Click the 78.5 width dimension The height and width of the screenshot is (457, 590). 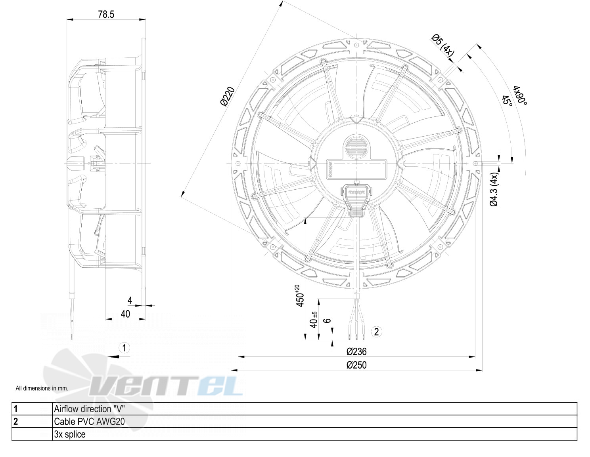click(106, 14)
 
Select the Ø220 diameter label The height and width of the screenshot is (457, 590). click(228, 97)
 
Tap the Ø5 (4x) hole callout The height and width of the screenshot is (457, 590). click(442, 45)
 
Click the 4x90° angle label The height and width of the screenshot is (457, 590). click(520, 96)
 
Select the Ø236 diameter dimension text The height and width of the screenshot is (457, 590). click(356, 352)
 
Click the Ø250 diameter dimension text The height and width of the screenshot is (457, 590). click(356, 365)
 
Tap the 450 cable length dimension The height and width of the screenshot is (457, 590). click(300, 296)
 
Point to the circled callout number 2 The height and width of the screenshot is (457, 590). click(376, 331)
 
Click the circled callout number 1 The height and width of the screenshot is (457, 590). click(125, 348)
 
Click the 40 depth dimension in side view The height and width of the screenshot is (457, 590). click(125, 314)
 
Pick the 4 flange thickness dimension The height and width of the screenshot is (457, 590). click(130, 300)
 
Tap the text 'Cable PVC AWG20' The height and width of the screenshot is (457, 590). click(89, 421)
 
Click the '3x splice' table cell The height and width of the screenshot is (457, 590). click(70, 434)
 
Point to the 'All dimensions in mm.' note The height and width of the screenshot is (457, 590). click(42, 388)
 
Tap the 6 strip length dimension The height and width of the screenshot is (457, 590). click(328, 321)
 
